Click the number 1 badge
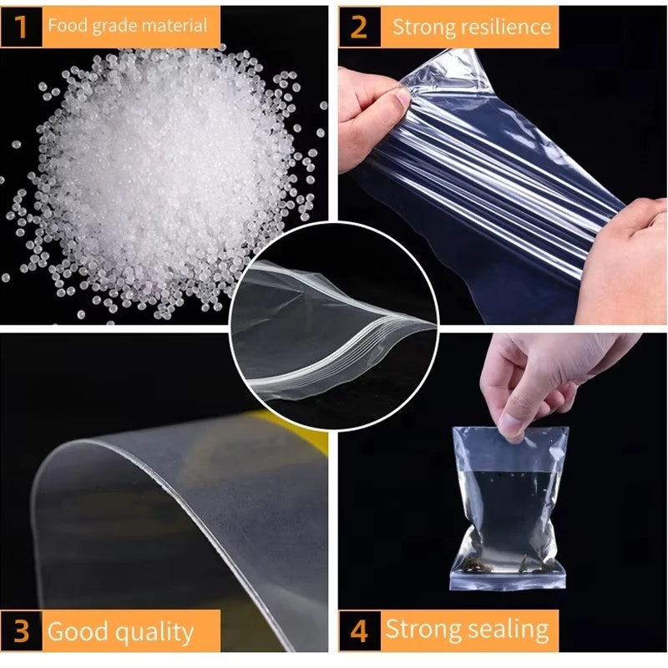[22, 27]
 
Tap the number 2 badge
[360, 28]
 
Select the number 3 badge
[22, 631]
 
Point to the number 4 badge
[360, 631]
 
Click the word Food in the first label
[68, 26]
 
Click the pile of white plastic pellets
[162, 179]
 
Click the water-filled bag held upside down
[509, 509]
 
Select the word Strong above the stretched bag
[412, 27]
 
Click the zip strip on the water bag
[508, 580]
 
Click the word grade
[114, 27]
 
